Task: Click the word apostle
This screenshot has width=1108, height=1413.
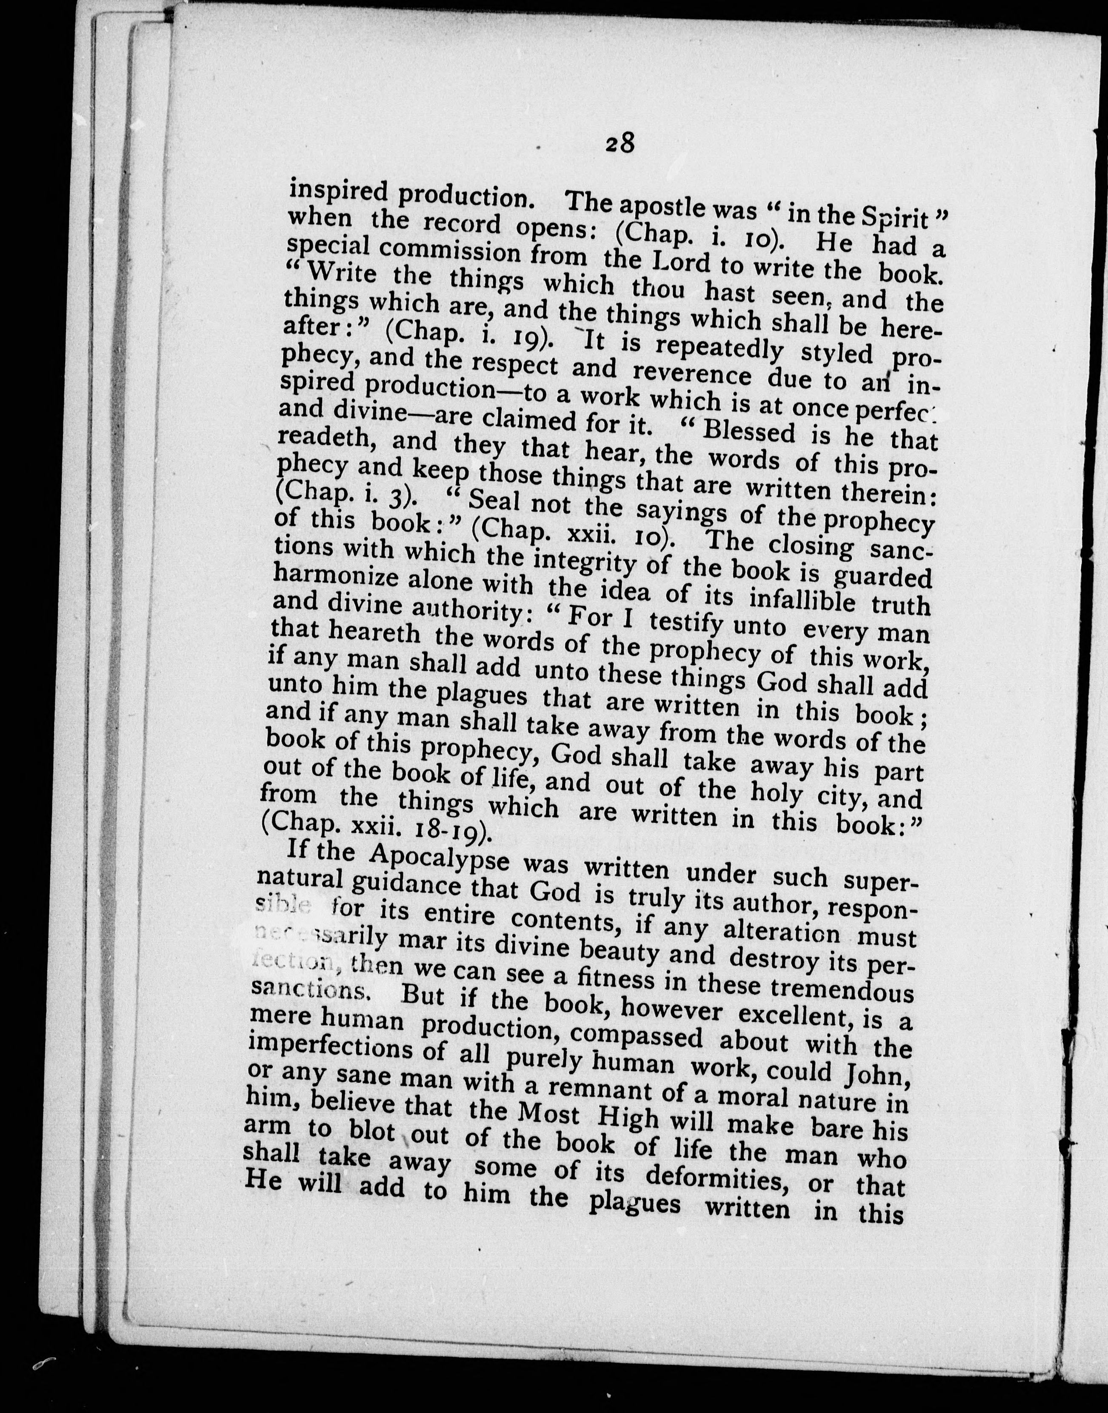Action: [670, 208]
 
